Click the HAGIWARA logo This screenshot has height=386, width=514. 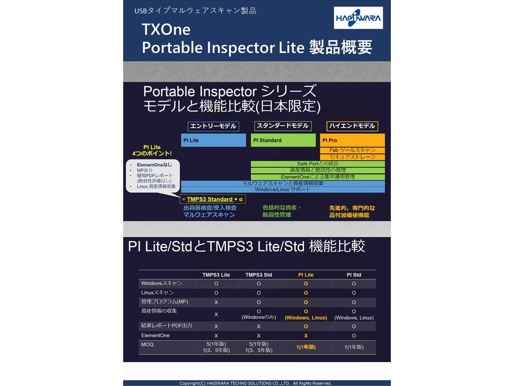tap(358, 18)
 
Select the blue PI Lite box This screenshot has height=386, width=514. tap(214, 140)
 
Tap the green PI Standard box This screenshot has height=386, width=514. tap(283, 140)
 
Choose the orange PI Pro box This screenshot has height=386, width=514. tap(352, 140)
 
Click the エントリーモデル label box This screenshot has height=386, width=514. tap(213, 126)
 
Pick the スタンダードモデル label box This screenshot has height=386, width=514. tap(283, 126)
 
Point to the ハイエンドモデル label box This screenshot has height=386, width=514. tap(352, 126)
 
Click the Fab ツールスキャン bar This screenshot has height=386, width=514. tap(352, 150)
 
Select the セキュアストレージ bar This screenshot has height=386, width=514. tap(352, 157)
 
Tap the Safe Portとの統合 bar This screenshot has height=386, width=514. tap(318, 164)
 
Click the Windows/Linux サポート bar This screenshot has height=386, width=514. tap(283, 190)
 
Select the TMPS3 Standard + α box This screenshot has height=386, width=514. tap(212, 199)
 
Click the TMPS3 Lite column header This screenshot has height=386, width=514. tap(216, 275)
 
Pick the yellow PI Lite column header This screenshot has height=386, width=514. tap(306, 275)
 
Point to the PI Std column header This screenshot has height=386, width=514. tap(354, 275)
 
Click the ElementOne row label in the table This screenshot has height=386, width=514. tap(155, 335)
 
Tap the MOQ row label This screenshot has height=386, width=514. tap(147, 345)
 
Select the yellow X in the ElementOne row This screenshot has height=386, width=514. tap(306, 336)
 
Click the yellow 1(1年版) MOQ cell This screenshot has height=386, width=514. tap(306, 347)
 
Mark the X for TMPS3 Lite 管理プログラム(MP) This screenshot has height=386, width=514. tap(216, 302)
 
